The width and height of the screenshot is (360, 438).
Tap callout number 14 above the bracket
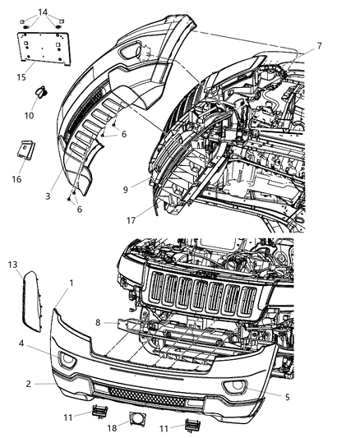[x=43, y=11]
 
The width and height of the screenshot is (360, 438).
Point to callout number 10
[x=29, y=115]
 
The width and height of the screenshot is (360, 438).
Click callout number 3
[x=48, y=196]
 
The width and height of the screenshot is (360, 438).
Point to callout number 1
[x=71, y=283]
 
